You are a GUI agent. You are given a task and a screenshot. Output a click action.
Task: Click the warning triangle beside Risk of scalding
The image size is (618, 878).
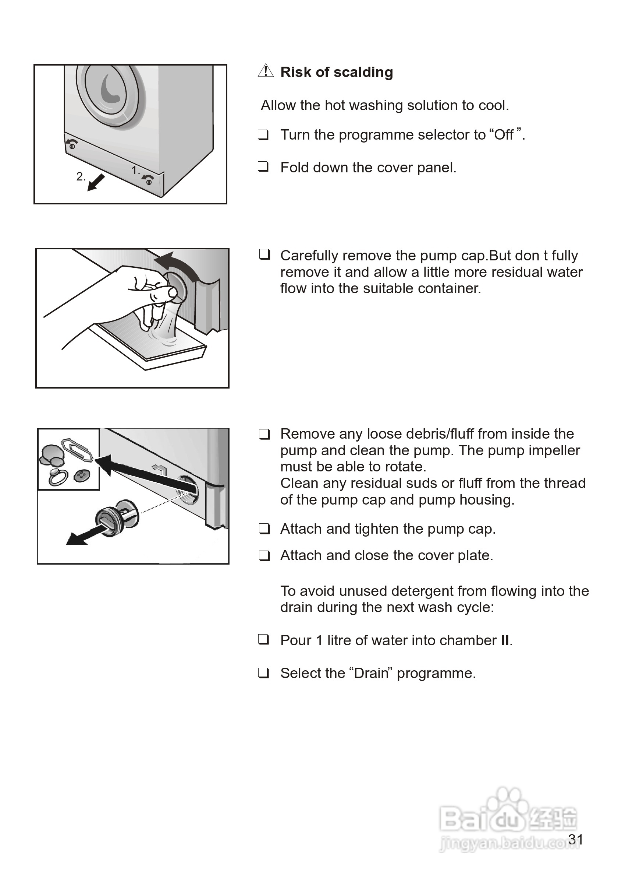(x=266, y=71)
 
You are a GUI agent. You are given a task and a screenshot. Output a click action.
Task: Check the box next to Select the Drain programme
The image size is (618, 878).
(x=263, y=672)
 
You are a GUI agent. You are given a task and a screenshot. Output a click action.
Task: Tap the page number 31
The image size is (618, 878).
(x=576, y=839)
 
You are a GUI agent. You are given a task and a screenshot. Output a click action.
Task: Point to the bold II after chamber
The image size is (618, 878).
(x=505, y=640)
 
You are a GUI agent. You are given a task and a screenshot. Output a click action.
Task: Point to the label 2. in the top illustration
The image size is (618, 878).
(x=81, y=176)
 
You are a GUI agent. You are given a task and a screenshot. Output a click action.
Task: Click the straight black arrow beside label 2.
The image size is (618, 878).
(x=96, y=182)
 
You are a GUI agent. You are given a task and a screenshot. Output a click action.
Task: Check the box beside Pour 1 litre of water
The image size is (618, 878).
(x=263, y=639)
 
